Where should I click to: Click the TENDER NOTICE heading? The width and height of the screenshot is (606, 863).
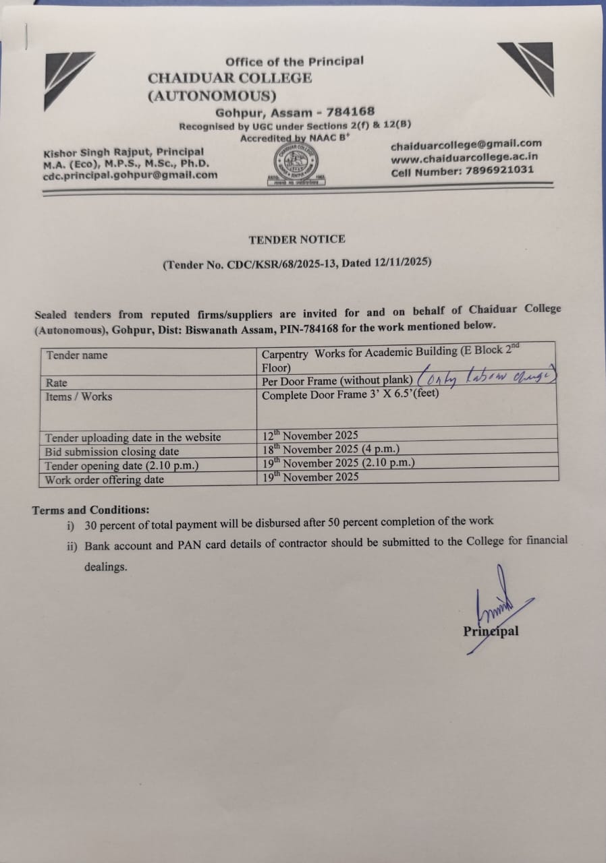(296, 239)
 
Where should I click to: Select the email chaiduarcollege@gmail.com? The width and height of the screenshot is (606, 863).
(466, 144)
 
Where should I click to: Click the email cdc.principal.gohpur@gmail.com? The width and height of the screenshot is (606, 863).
(130, 175)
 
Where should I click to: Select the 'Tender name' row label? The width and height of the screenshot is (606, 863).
(76, 355)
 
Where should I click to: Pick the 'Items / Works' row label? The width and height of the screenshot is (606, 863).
(78, 396)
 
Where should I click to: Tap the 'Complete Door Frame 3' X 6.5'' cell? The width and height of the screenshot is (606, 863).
(350, 395)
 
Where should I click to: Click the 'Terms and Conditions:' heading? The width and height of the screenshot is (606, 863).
(90, 510)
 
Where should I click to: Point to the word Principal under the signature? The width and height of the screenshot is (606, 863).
(491, 632)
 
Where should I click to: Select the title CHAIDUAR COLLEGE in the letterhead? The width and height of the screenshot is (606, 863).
(230, 78)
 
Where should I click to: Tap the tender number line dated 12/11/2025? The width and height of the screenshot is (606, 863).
(297, 264)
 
